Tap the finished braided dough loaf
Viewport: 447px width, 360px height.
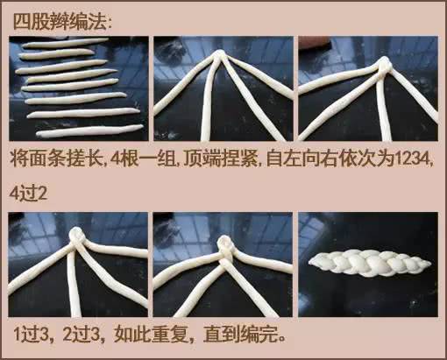(x=370, y=263)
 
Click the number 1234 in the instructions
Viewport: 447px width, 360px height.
(x=412, y=159)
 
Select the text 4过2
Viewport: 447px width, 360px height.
(x=28, y=193)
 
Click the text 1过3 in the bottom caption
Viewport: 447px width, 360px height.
(x=31, y=335)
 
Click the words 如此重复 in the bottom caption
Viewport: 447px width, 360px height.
(x=150, y=335)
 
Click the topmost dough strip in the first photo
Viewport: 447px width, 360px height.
(x=65, y=43)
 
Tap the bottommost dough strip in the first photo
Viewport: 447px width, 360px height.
(x=89, y=131)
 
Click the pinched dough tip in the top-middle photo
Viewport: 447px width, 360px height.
(x=220, y=55)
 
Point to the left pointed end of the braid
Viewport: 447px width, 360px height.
(x=309, y=263)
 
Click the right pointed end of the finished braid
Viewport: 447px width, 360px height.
(x=430, y=265)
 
